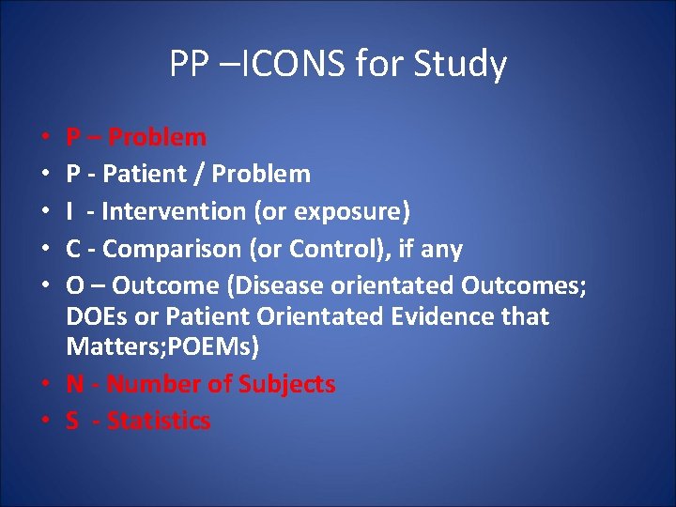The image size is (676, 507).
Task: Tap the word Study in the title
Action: pos(459,65)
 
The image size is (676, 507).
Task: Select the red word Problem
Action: pos(157,138)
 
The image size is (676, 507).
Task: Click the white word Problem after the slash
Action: pos(260,175)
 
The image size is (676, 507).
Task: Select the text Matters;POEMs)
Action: pos(162,347)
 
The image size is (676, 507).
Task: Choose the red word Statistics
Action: pos(159,421)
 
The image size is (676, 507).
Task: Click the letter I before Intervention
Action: pos(71,211)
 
